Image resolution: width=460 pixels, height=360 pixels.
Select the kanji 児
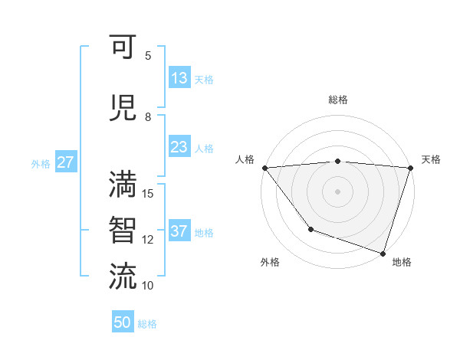[123, 107]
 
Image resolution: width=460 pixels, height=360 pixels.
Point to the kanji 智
[123, 230]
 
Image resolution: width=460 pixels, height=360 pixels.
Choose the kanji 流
[123, 276]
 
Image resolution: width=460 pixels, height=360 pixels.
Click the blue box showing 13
[179, 78]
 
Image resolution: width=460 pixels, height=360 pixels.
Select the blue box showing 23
[179, 147]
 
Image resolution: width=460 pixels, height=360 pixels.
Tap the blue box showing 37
[179, 231]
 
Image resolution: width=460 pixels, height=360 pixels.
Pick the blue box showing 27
[65, 162]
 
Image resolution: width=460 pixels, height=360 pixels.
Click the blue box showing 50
[122, 322]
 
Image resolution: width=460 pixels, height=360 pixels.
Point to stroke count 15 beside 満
[149, 193]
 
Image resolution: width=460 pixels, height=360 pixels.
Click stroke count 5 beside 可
[148, 55]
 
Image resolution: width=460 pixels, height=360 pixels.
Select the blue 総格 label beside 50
[147, 324]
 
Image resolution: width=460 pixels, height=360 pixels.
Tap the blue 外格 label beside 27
[41, 163]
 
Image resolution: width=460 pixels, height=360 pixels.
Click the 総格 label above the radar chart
[337, 100]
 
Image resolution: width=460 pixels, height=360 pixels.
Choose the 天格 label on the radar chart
[431, 159]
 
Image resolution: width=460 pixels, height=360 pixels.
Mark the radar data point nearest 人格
[264, 167]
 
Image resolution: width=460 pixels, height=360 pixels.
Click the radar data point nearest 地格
[383, 253]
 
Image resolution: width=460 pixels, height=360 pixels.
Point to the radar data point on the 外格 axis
[310, 229]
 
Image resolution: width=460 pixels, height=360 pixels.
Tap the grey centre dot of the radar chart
[337, 191]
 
